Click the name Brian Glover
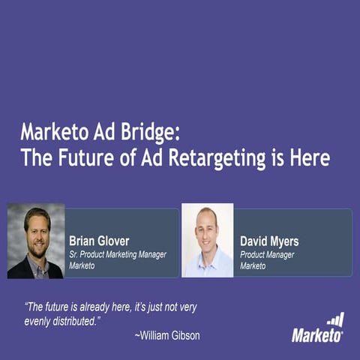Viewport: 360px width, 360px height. (x=99, y=241)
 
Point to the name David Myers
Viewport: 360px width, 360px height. (x=269, y=241)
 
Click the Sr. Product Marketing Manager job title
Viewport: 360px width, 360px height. (x=117, y=255)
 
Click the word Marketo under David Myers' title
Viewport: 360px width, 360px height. (x=254, y=265)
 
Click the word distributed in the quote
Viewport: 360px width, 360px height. (x=73, y=320)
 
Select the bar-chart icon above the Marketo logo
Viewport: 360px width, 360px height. (x=335, y=320)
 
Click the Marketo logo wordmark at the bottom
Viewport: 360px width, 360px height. (x=317, y=335)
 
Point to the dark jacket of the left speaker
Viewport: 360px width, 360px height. (x=20, y=268)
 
